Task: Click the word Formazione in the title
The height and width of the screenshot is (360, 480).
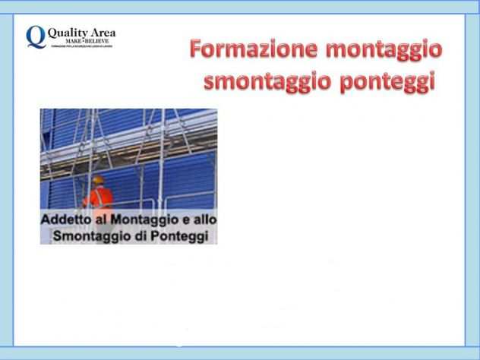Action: pyautogui.click(x=252, y=51)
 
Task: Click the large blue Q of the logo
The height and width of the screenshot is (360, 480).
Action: pyautogui.click(x=34, y=36)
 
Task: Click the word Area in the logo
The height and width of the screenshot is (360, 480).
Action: pyautogui.click(x=99, y=32)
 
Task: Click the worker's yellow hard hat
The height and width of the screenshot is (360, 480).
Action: pyautogui.click(x=98, y=180)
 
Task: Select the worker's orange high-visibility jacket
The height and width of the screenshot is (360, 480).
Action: pyautogui.click(x=99, y=197)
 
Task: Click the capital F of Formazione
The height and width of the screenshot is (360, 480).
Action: pyautogui.click(x=196, y=50)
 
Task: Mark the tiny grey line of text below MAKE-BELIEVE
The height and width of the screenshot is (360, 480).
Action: pyautogui.click(x=82, y=46)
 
